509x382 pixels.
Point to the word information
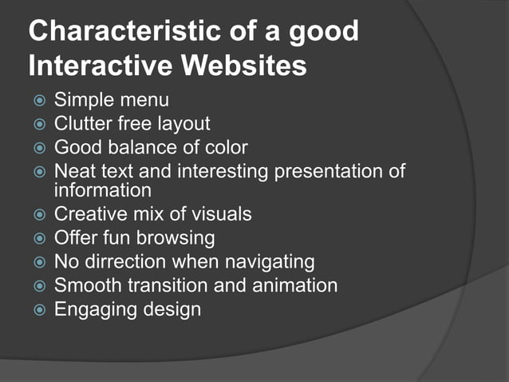pos(102,190)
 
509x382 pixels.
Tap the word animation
pos(295,285)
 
